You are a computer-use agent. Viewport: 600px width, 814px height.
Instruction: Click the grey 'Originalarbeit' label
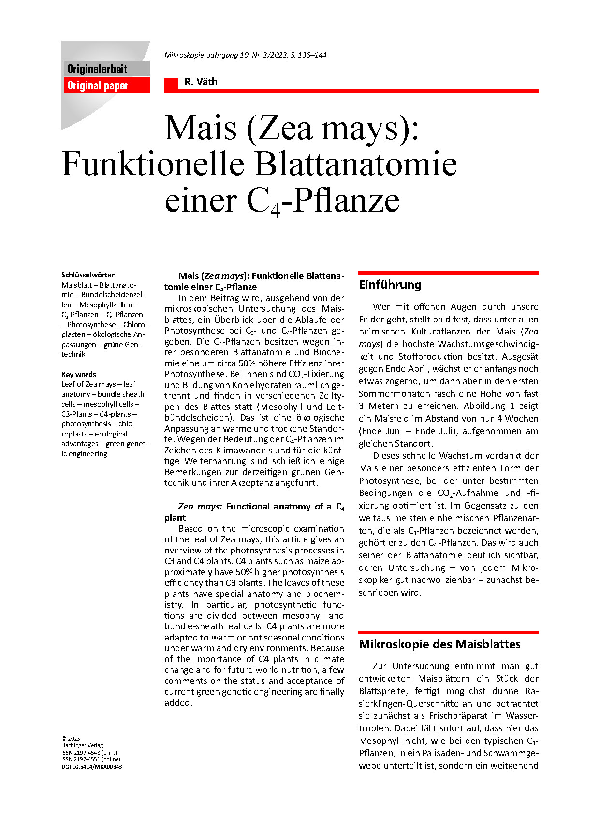(97, 69)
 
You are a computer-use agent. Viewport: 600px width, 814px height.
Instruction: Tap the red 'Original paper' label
(98, 86)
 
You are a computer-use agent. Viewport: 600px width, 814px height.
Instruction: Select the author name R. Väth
(201, 82)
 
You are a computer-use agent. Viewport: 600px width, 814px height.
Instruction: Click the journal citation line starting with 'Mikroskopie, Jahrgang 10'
(245, 55)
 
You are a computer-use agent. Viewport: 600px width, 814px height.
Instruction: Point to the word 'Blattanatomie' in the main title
(355, 164)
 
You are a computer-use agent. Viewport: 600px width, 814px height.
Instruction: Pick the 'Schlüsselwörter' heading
(88, 275)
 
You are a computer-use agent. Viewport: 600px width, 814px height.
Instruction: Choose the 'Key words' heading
(78, 375)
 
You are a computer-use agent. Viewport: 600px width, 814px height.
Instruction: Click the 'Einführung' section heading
(390, 285)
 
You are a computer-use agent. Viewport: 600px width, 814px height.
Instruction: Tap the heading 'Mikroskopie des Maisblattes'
(439, 644)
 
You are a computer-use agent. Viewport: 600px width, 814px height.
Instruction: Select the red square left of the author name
(171, 84)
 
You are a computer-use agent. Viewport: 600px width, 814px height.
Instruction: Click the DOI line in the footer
(91, 767)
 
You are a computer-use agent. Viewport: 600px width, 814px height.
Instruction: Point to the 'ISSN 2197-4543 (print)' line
(89, 753)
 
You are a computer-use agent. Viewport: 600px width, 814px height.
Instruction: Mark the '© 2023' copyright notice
(71, 739)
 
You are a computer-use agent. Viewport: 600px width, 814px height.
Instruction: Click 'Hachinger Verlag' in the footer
(82, 745)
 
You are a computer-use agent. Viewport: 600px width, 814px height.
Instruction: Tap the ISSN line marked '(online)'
(90, 759)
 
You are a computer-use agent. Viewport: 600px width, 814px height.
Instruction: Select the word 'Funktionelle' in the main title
(153, 164)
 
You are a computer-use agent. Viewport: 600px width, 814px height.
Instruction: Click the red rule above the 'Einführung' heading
(448, 273)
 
